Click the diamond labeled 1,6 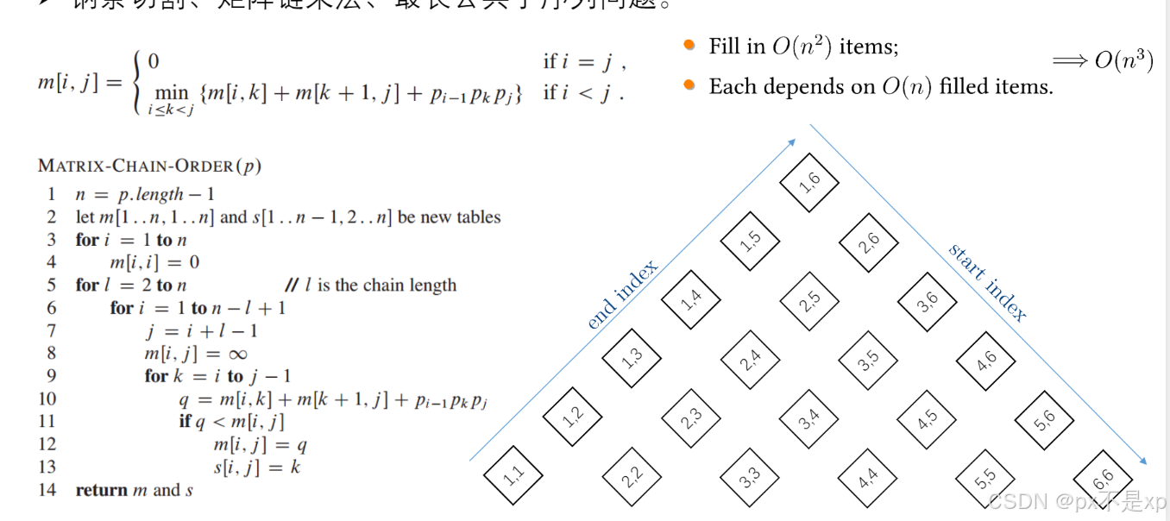[x=809, y=181]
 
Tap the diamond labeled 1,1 [x=513, y=477]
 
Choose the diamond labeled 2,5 [x=809, y=301]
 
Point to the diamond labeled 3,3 [x=750, y=477]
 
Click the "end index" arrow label [x=622, y=294]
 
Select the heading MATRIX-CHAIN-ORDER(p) [x=149, y=166]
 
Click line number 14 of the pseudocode [x=47, y=490]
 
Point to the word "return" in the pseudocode [x=101, y=490]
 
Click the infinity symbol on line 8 [x=237, y=354]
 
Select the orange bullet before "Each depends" [x=689, y=85]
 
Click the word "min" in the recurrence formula [x=171, y=91]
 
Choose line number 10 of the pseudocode [x=47, y=399]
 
